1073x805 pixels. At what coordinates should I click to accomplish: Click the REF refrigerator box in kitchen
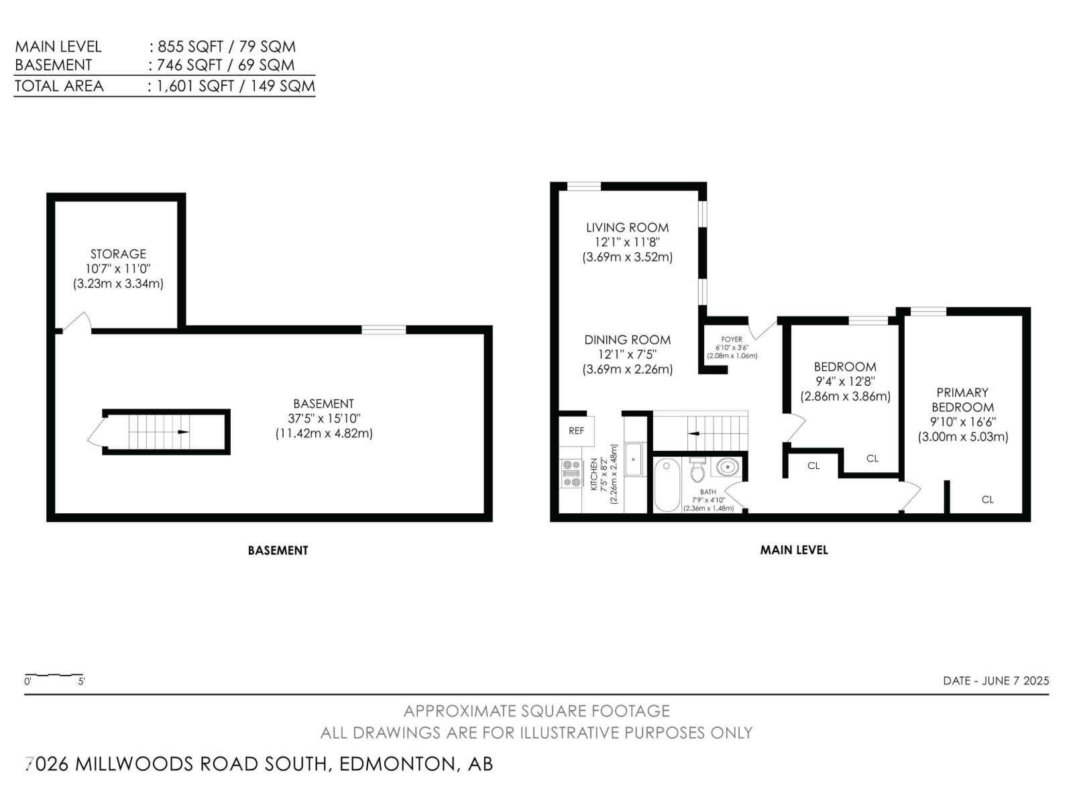(575, 431)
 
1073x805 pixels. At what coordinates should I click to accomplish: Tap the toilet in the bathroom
(697, 470)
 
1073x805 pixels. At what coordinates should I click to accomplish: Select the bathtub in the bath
(667, 484)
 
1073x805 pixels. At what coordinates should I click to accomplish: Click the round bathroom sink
(726, 466)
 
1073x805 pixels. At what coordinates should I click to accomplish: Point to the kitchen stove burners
(571, 473)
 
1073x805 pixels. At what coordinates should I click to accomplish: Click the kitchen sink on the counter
(634, 460)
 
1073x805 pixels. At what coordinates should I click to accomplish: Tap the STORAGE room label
(118, 254)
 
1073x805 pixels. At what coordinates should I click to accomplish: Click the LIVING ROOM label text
(627, 227)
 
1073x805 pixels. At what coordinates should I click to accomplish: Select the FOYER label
(732, 339)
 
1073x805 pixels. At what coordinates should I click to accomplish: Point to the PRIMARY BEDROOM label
(962, 400)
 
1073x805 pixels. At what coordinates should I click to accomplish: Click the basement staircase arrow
(182, 432)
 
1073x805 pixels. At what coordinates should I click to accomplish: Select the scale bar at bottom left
(54, 675)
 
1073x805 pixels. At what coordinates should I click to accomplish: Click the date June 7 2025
(996, 680)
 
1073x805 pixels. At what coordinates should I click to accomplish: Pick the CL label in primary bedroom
(987, 499)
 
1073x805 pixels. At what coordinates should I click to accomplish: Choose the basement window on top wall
(384, 329)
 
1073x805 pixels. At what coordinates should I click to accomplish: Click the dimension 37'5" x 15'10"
(323, 419)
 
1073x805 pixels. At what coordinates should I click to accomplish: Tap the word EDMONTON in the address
(397, 764)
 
